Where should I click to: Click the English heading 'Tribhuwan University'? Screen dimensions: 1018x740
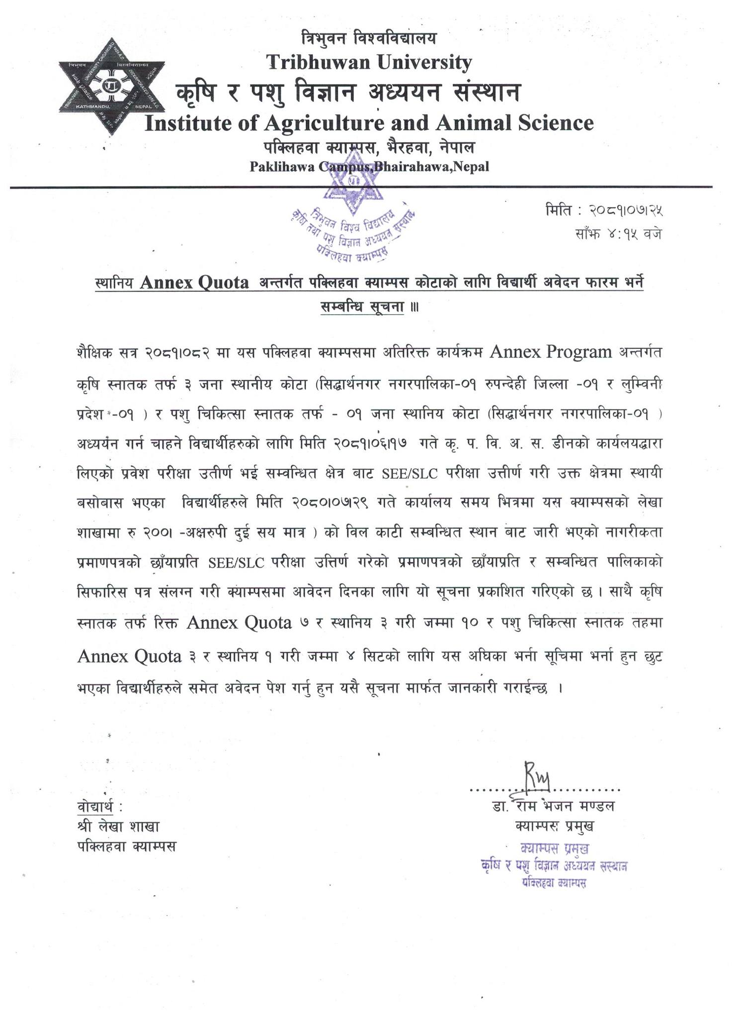coord(369,62)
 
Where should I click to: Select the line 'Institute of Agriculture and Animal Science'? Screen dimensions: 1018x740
coord(369,122)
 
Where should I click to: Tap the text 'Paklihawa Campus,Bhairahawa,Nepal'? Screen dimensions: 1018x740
coord(369,167)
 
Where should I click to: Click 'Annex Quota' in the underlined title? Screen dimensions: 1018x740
coord(194,283)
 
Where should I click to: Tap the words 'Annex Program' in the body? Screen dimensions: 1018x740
coord(551,352)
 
